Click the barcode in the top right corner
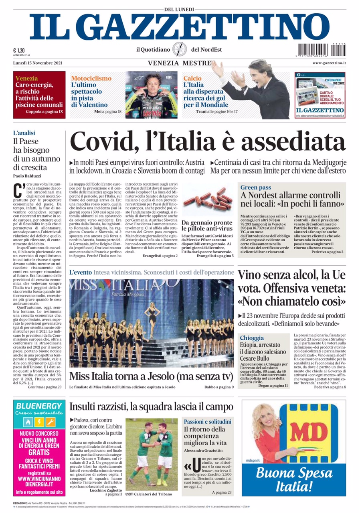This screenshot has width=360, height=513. click(x=322, y=50)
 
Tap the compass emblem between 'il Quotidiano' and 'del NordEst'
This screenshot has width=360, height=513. click(x=180, y=50)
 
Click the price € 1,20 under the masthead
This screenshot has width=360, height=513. click(x=20, y=50)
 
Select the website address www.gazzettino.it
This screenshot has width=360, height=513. click(x=329, y=63)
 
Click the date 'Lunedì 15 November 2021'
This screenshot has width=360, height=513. click(x=38, y=63)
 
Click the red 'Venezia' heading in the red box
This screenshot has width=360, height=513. click(x=26, y=78)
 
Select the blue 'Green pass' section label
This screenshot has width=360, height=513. click(x=256, y=187)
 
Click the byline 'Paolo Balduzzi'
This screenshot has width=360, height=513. click(x=27, y=176)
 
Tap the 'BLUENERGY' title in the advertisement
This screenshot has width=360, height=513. click(x=39, y=406)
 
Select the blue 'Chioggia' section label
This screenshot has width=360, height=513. click(x=252, y=338)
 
